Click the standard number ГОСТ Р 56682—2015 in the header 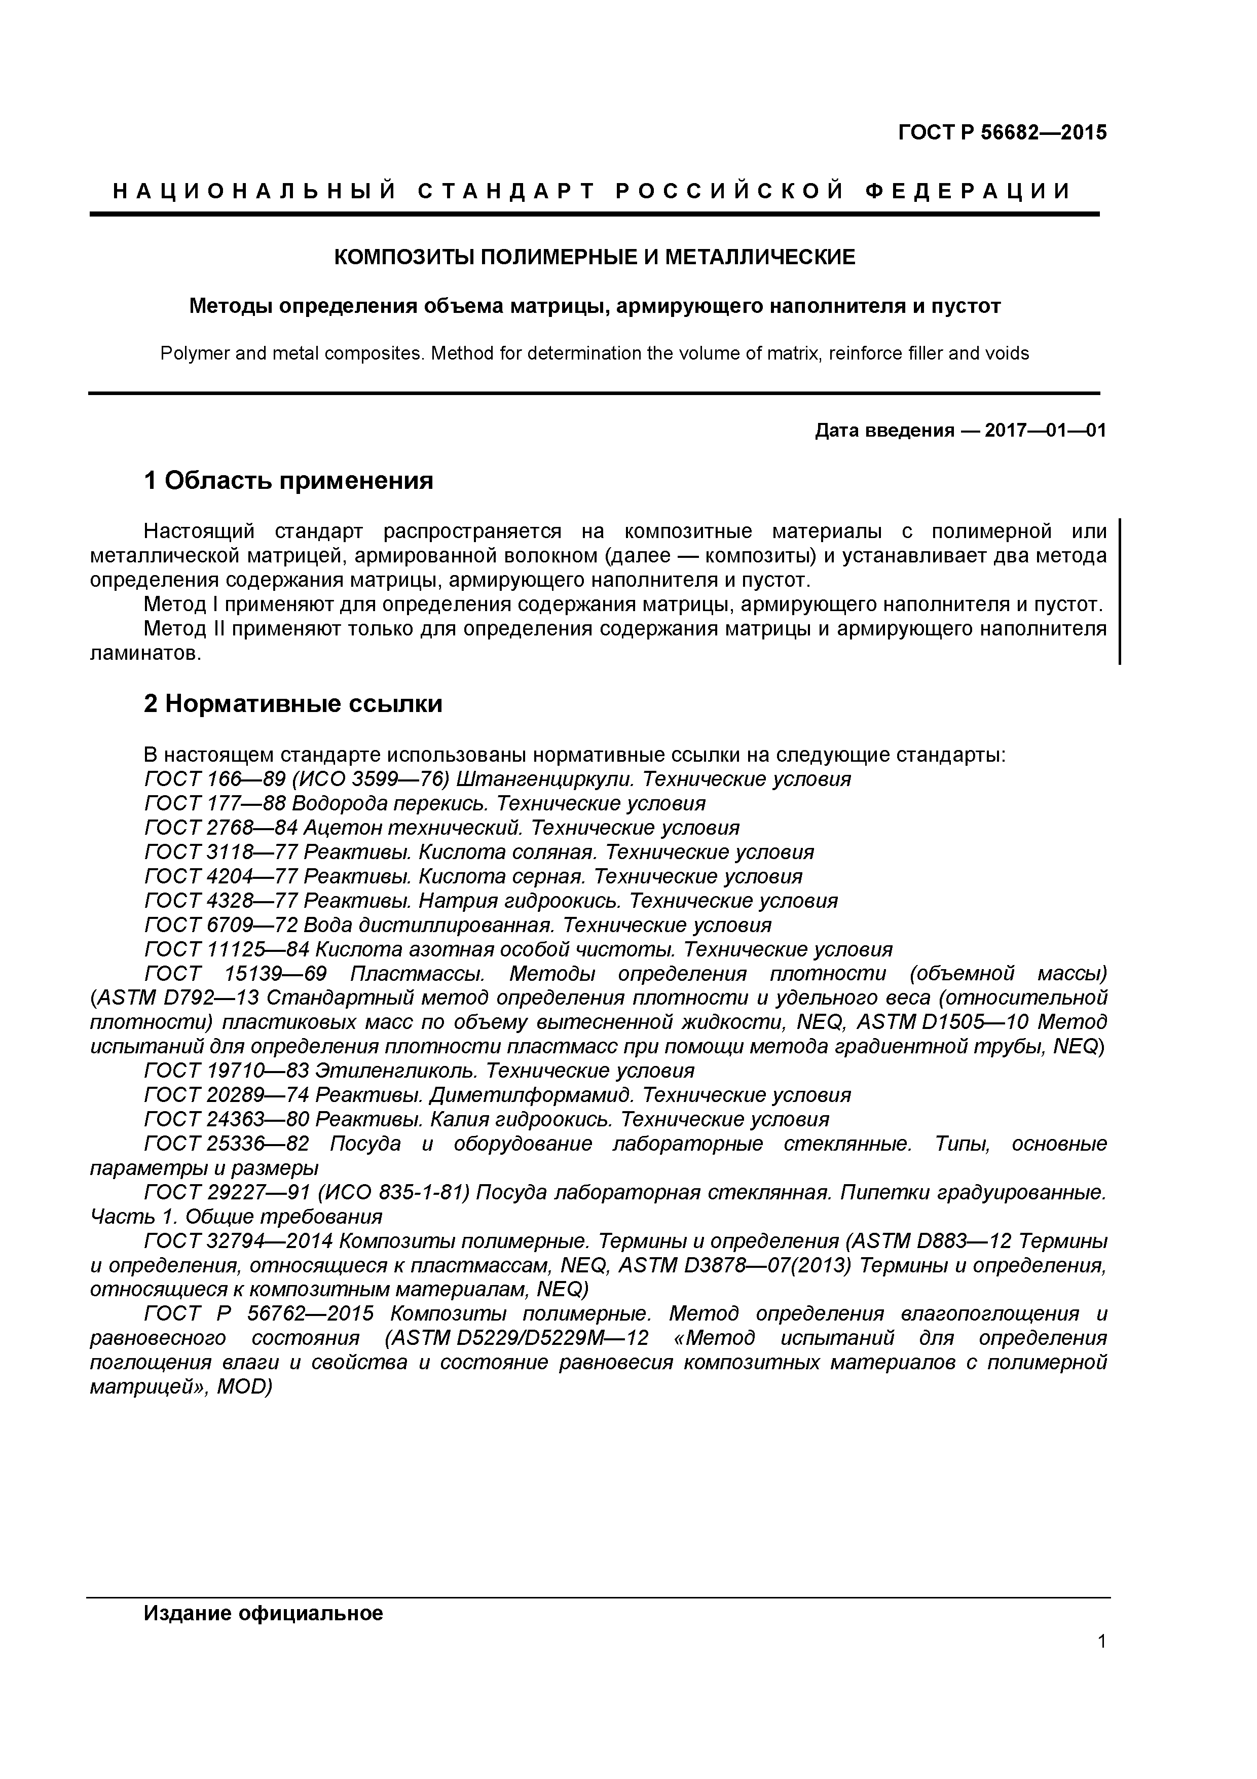[1002, 133]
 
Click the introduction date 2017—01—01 [1045, 430]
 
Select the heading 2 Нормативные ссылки [293, 703]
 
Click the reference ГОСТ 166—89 [204, 779]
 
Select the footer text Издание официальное [264, 1613]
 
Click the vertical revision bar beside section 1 [1120, 592]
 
